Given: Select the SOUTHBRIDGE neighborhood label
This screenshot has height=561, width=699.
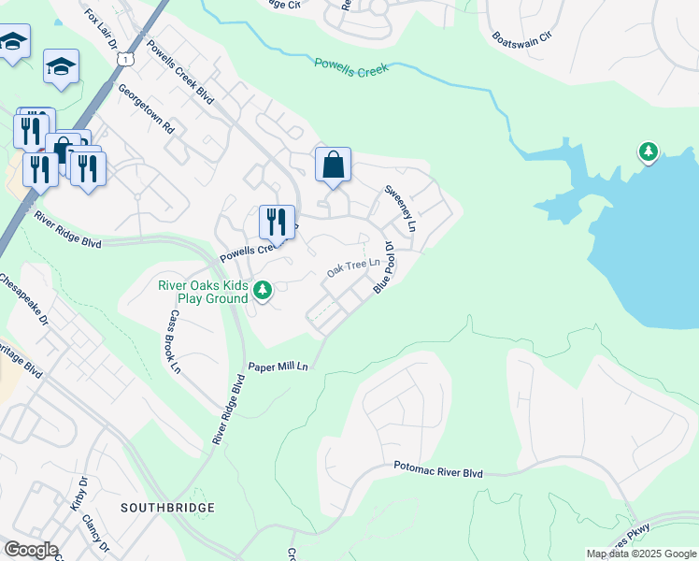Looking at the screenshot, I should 167,507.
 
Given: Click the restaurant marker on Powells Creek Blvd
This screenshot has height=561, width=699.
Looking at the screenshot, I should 277,222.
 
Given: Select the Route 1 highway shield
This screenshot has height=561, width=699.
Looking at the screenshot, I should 124,59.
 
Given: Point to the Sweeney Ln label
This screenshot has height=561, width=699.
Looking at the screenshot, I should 399,208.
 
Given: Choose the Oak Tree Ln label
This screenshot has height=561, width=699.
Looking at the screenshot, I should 354,268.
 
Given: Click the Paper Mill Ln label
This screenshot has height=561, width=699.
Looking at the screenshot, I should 278,367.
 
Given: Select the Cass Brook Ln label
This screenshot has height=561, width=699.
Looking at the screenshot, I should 174,341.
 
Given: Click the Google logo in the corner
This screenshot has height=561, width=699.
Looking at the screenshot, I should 31,550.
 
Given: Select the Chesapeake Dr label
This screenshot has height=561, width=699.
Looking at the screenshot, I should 22,299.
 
